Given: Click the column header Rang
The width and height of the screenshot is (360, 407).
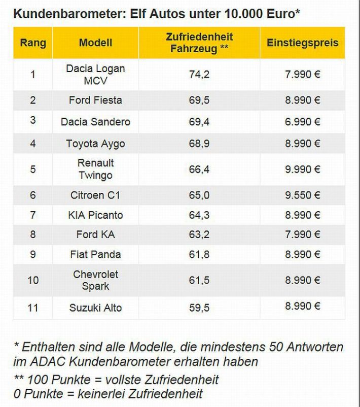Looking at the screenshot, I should point(33,43).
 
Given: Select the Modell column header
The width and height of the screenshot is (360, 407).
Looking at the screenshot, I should point(95,43).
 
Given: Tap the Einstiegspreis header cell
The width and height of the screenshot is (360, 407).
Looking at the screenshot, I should point(302,43).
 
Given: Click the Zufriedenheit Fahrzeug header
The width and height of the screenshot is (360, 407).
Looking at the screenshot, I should point(199,43).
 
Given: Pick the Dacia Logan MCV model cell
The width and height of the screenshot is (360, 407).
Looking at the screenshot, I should point(95,74).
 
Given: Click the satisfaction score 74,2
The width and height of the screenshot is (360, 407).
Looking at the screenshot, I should point(199,75).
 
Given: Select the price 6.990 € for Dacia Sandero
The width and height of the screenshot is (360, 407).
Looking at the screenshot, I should point(302,122).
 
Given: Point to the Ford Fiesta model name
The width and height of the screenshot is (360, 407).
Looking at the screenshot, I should point(95,100).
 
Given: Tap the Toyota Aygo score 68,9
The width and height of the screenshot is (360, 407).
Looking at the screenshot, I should point(199,144).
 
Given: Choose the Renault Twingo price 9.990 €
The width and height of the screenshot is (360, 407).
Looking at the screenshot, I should point(302,169).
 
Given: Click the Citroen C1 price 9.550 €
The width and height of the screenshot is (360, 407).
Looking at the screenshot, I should point(302,195).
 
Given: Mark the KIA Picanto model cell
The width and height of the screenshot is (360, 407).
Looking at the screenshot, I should point(95,215).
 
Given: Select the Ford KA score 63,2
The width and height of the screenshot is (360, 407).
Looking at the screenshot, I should point(199,234).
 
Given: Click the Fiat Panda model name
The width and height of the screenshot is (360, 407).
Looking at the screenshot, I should point(95,254).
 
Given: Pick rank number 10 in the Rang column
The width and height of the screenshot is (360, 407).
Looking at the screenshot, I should point(33,280).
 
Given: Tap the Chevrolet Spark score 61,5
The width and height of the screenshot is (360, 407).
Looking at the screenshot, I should point(199,280).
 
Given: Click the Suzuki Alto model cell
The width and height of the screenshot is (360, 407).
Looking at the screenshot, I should point(95,307).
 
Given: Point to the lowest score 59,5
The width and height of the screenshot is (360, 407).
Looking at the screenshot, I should point(199,307).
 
